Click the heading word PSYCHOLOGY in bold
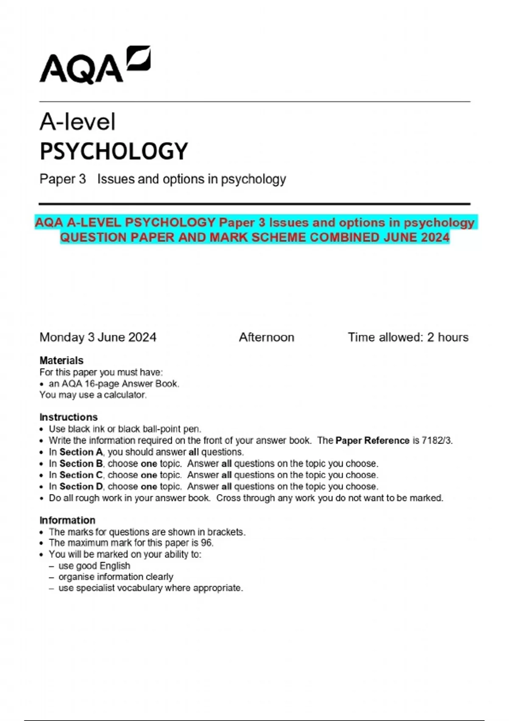114,151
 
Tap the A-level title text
77,122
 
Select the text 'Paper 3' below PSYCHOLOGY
63,179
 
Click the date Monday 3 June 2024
98,337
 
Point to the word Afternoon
266,337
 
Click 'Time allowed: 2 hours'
408,337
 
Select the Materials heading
62,360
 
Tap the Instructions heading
68,417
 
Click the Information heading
67,520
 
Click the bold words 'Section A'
81,452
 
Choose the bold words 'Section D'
81,486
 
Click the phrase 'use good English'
94,566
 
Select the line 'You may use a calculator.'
93,395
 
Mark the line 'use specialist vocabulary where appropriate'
151,588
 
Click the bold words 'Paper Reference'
372,440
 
